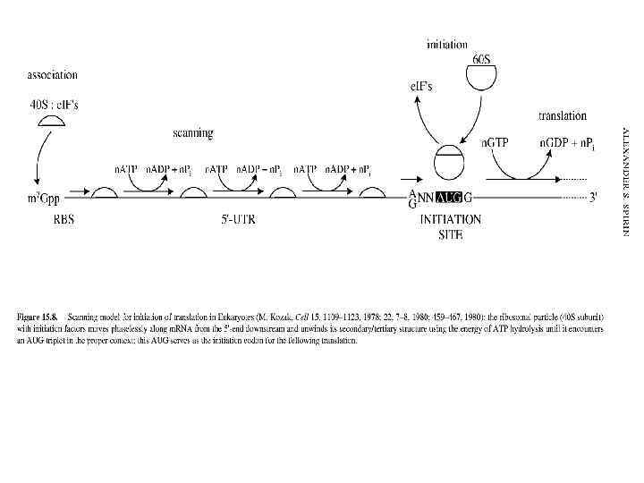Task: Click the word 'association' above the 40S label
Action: click(53, 75)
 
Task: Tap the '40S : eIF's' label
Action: click(54, 105)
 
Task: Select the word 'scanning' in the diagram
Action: click(192, 133)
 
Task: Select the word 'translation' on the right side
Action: click(562, 115)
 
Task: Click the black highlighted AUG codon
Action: click(445, 198)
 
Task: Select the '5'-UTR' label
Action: click(237, 219)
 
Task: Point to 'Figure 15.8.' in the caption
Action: click(38, 318)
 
